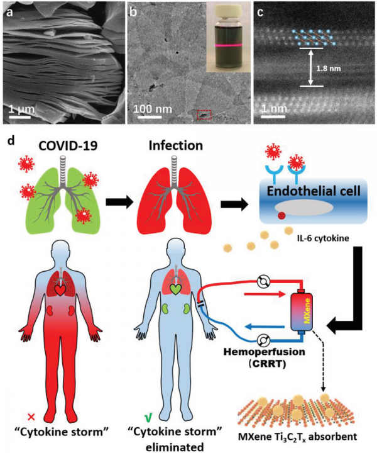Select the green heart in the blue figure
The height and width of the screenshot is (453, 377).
(177, 289)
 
